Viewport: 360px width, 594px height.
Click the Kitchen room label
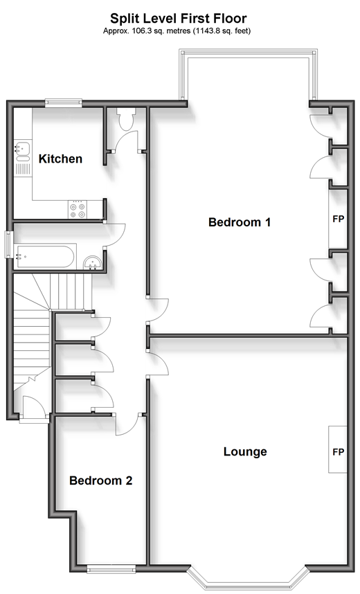click(x=61, y=159)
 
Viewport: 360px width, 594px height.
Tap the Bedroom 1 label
click(x=240, y=222)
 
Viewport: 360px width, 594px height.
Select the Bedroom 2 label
click(x=101, y=480)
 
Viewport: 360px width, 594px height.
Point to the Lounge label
click(x=245, y=451)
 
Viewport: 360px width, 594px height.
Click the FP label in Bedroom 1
click(x=338, y=219)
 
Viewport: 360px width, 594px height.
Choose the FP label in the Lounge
click(x=339, y=452)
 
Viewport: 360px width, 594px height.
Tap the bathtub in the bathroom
click(x=45, y=257)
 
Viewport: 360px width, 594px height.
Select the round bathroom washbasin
click(x=92, y=262)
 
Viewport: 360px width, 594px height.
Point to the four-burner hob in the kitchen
click(x=78, y=210)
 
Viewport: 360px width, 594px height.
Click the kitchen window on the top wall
click(x=63, y=102)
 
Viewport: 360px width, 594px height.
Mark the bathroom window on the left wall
click(x=8, y=244)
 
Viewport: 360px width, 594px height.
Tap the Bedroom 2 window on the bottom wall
click(x=111, y=568)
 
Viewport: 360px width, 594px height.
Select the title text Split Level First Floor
click(x=179, y=18)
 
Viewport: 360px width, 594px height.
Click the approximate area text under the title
click(x=177, y=31)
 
